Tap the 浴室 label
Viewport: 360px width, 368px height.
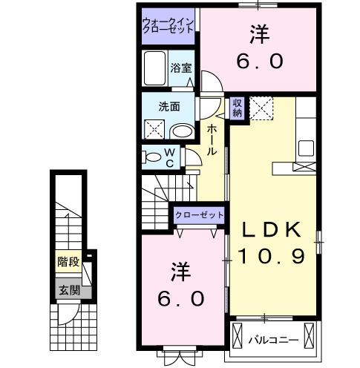point(180,68)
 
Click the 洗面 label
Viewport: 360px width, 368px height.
point(168,106)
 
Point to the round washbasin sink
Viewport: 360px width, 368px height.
point(180,131)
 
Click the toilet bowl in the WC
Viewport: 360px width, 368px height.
point(152,157)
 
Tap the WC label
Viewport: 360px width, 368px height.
point(169,157)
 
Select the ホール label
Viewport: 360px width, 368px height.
point(212,139)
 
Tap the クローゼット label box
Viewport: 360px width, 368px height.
point(199,214)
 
